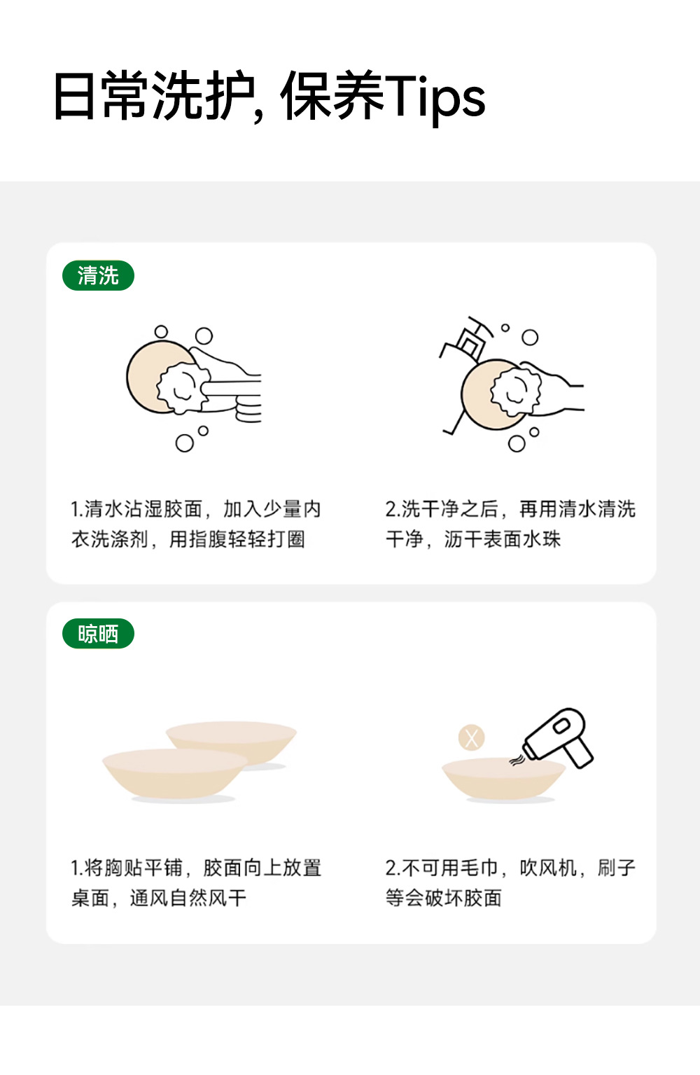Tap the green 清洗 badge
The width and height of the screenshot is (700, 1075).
(x=99, y=275)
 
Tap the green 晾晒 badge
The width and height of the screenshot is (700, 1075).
(x=99, y=634)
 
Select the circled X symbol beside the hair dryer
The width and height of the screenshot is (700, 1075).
(x=471, y=737)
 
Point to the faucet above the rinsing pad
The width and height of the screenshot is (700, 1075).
(x=465, y=339)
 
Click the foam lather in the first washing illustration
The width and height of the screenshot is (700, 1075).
(x=182, y=388)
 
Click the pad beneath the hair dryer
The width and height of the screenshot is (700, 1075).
(x=504, y=779)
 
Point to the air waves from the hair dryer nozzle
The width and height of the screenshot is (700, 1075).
(x=517, y=760)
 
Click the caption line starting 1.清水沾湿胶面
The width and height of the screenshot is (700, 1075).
(x=196, y=509)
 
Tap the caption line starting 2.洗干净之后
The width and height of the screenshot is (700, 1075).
(x=510, y=509)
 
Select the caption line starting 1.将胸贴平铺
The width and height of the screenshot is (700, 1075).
(x=196, y=868)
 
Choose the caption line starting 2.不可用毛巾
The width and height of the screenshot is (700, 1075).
(x=510, y=868)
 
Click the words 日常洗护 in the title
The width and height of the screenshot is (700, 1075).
(x=153, y=95)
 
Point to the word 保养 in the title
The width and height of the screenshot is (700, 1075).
(x=332, y=95)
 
